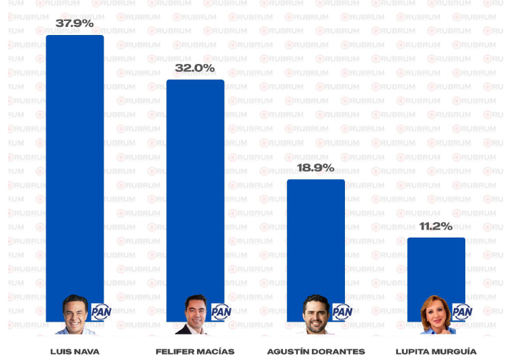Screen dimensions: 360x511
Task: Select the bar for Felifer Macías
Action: pos(195,188)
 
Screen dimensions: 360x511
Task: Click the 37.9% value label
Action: pos(75,24)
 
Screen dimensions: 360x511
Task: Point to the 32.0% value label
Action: pos(195,69)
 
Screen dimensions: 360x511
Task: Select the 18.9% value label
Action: pos(315,168)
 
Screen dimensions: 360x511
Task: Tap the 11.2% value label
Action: pos(436,226)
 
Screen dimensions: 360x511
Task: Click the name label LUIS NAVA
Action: pos(75,351)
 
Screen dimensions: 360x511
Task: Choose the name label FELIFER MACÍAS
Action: pos(195,351)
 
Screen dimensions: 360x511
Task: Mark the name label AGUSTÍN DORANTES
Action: pos(316,351)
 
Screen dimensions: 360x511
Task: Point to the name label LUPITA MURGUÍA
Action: pos(436,351)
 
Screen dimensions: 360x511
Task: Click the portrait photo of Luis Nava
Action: pos(75,315)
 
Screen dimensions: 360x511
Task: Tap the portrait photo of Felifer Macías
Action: pos(195,315)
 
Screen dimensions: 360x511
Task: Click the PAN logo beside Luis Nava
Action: pos(101,312)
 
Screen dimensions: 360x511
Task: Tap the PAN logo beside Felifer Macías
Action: pos(221,312)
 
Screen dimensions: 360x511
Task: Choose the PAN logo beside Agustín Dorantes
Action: pos(342,312)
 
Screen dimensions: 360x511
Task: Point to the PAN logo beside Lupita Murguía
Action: pos(462,312)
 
